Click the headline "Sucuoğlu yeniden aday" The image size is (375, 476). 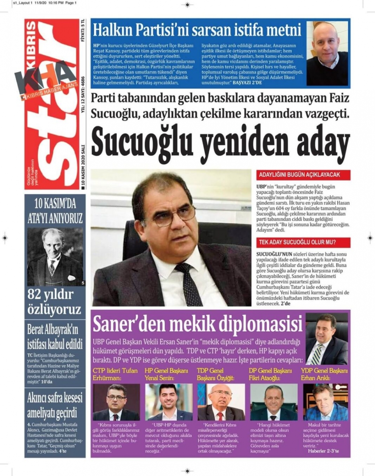[220, 142]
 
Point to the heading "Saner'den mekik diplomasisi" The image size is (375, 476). [197, 324]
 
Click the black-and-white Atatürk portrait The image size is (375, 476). [55, 257]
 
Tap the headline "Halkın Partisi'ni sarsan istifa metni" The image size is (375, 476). [197, 29]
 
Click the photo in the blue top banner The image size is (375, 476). [327, 54]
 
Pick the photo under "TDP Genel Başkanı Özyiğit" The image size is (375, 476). [221, 402]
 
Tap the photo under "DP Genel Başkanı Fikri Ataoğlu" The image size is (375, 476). [273, 402]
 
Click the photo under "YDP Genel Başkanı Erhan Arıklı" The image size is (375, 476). [325, 402]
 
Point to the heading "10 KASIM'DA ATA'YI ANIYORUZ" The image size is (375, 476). [55, 212]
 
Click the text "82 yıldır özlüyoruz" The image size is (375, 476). [54, 302]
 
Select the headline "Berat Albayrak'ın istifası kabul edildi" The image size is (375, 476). [55, 337]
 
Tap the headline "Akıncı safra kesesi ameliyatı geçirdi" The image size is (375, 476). [55, 405]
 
